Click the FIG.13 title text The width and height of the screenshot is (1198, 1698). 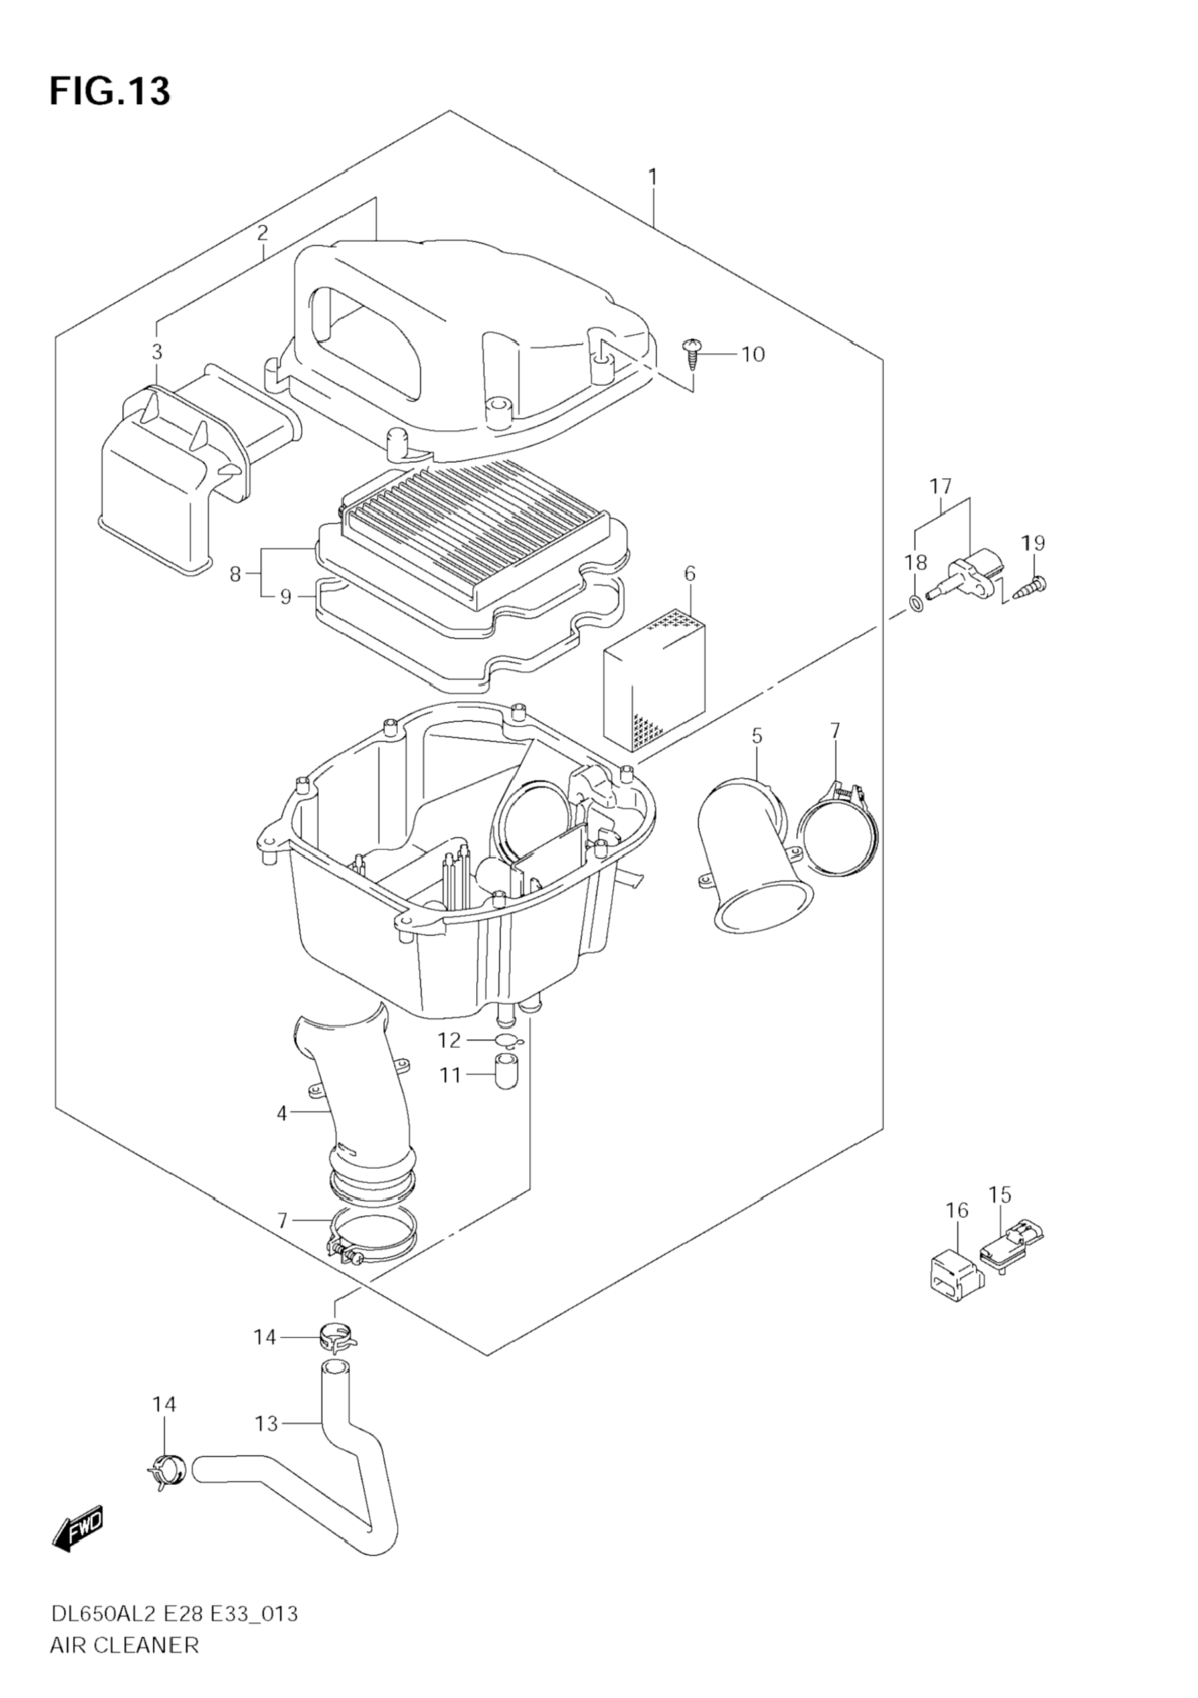[x=110, y=92]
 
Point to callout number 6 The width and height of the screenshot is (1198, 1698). [x=689, y=573]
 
